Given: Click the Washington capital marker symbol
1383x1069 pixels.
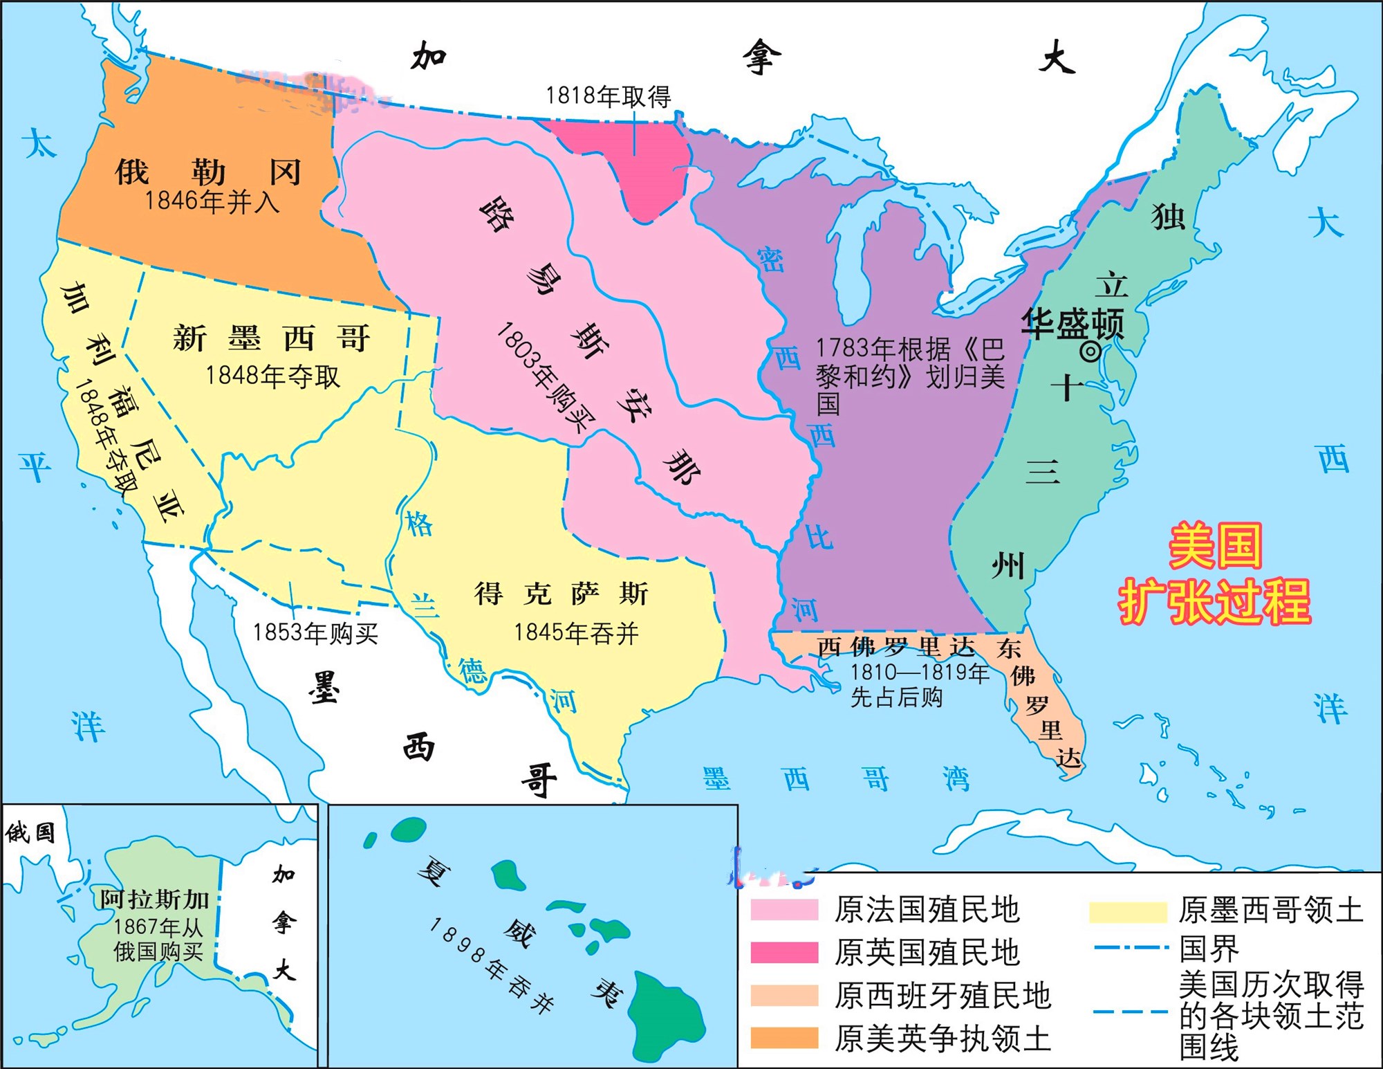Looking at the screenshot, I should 1090,352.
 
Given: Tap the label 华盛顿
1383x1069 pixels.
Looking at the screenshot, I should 1073,323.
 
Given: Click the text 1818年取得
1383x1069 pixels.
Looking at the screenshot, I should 608,97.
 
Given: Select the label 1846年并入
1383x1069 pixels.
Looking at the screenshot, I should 212,202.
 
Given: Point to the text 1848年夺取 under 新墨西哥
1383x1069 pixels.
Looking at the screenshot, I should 273,376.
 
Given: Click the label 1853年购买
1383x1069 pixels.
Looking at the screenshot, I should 315,632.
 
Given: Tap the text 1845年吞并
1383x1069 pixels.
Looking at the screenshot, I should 576,633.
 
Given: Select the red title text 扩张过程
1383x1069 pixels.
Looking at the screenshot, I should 1215,601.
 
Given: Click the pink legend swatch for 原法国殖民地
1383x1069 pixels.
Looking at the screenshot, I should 784,909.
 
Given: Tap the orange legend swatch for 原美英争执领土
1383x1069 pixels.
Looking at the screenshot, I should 784,1038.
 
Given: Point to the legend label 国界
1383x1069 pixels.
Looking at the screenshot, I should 1209,949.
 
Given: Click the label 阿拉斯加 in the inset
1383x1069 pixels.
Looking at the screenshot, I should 154,899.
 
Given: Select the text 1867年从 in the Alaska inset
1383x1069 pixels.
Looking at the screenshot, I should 158,926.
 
